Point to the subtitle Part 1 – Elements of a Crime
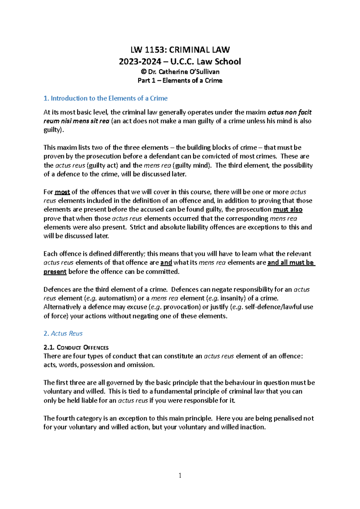tap(180, 81)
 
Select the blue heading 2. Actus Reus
tap(63, 333)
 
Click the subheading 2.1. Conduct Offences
tap(76, 347)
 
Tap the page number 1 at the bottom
tap(180, 475)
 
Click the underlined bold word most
tap(62, 192)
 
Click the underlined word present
tap(55, 272)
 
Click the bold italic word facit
tap(305, 112)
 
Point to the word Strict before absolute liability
tap(138, 227)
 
